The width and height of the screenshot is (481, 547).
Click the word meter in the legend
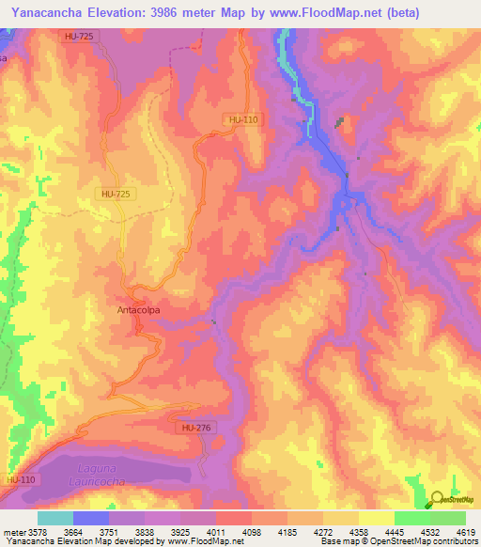14,533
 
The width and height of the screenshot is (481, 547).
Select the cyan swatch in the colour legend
55,518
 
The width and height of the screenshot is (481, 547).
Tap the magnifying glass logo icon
439,499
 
